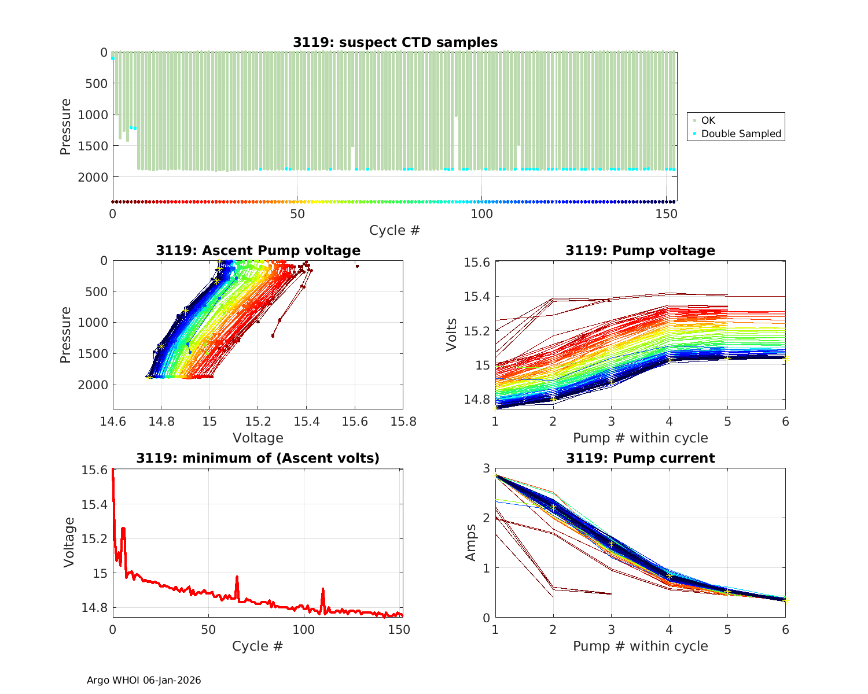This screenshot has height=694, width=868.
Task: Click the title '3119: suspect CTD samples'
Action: [395, 42]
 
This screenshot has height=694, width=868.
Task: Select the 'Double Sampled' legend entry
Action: [741, 134]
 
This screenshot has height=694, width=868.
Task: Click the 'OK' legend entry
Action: [708, 120]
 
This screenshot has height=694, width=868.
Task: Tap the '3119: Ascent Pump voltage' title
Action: [258, 250]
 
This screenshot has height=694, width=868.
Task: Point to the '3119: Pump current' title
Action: [640, 458]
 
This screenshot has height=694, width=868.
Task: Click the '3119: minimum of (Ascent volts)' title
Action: [258, 458]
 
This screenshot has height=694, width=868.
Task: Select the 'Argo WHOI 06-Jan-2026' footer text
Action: [144, 680]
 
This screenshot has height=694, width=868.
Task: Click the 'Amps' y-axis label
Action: [471, 542]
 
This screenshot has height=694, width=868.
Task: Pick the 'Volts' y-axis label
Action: [452, 335]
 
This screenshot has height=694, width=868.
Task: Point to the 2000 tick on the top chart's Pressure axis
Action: [92, 177]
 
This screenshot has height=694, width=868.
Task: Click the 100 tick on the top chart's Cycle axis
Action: [481, 213]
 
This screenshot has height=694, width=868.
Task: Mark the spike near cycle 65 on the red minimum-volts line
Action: [237, 577]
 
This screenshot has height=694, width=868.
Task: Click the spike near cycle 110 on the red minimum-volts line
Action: [323, 589]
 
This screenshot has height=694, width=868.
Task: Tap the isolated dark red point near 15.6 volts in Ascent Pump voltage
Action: [357, 266]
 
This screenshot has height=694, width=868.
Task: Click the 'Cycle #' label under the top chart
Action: [395, 230]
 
